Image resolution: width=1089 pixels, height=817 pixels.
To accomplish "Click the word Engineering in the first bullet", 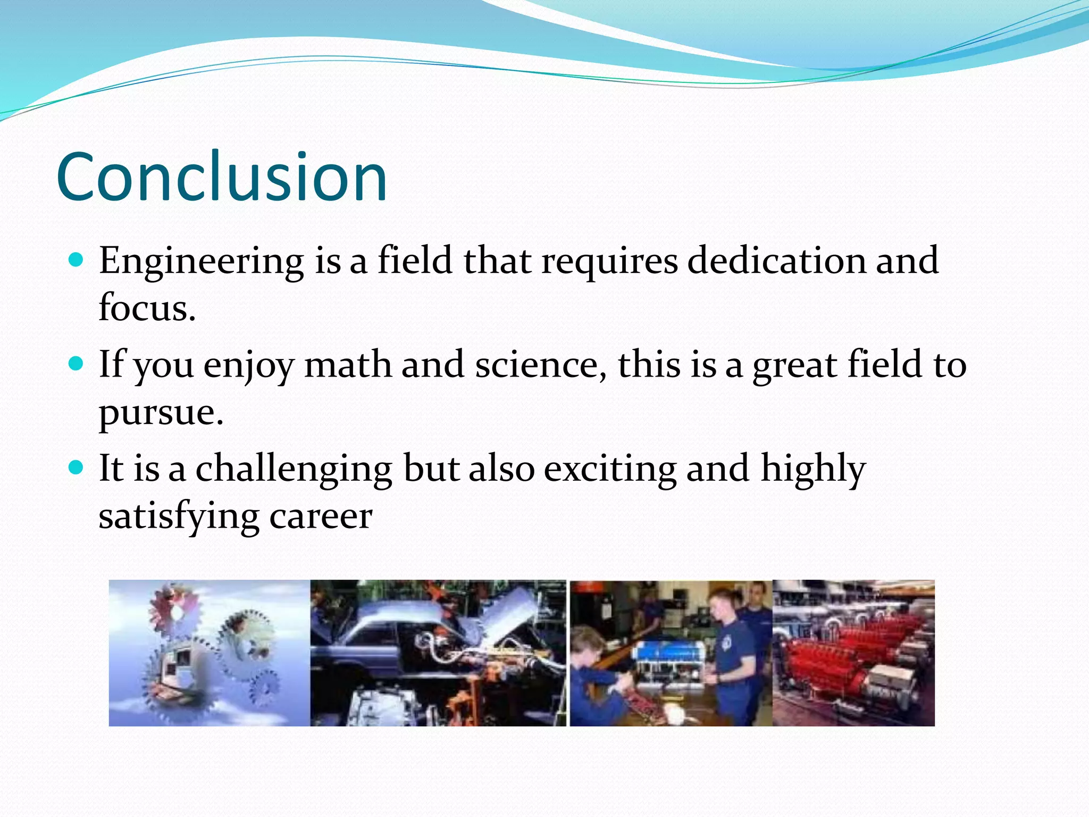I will pyautogui.click(x=201, y=262).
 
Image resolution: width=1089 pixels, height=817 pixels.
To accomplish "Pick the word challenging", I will pyautogui.click(x=294, y=469).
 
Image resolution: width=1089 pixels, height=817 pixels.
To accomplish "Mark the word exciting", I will pyautogui.click(x=609, y=469).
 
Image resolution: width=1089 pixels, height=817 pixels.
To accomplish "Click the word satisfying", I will pyautogui.click(x=179, y=516).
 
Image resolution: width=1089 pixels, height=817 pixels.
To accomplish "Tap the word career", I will pyautogui.click(x=320, y=516).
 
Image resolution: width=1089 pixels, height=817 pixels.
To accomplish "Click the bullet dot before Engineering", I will pyautogui.click(x=77, y=260).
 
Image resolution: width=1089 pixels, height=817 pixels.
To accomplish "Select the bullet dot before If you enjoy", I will pyautogui.click(x=77, y=364).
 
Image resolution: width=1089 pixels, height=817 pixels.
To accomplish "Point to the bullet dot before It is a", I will pyautogui.click(x=77, y=468).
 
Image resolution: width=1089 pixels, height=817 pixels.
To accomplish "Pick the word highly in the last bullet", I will pyautogui.click(x=812, y=469).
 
